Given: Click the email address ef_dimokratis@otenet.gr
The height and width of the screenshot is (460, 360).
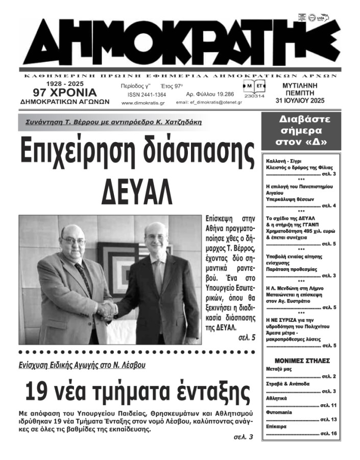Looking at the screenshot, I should point(208,103).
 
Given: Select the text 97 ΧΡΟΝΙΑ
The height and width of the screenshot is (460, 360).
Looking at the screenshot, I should point(64,93).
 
